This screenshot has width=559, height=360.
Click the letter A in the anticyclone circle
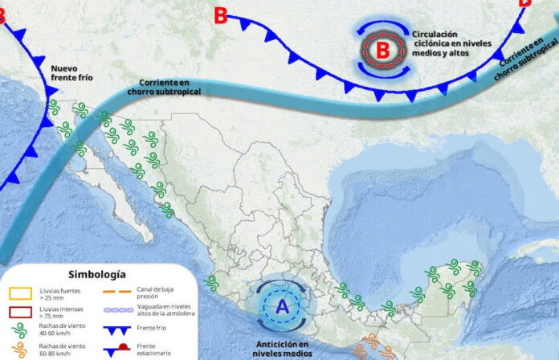(282, 306)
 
